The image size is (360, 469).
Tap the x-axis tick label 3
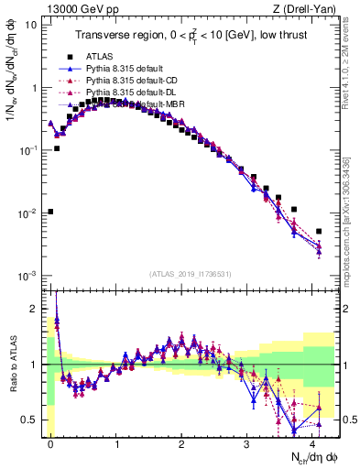point(247,442)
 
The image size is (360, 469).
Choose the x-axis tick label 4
point(313,442)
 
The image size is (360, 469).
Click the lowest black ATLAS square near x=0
point(50,212)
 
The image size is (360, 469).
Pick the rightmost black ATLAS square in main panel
point(319,232)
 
